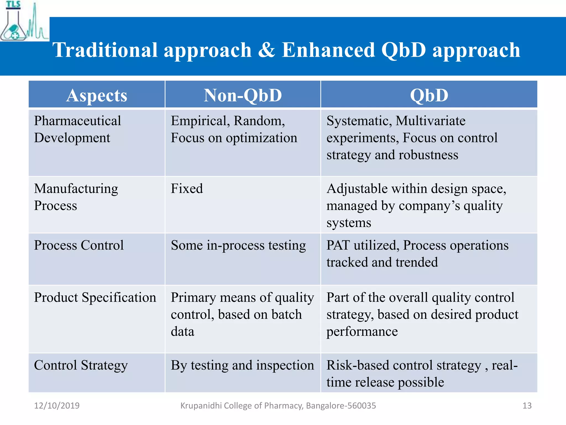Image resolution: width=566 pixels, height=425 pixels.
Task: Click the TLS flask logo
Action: tap(23, 22)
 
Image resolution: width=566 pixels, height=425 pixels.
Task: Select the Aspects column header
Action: tap(97, 95)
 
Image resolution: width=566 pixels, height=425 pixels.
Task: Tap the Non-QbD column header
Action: tap(243, 95)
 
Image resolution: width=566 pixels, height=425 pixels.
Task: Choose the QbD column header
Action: tap(429, 95)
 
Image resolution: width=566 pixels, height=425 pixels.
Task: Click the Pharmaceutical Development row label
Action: tap(77, 129)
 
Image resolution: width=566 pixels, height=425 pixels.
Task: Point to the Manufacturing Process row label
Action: tap(76, 197)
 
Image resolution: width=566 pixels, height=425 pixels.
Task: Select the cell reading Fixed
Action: tap(187, 189)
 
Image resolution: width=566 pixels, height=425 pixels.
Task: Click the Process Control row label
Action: tap(79, 245)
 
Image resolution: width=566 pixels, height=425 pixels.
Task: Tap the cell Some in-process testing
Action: tap(238, 245)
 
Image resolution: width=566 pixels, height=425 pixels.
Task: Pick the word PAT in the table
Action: tap(338, 245)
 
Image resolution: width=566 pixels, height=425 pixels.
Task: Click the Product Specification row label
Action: tap(95, 297)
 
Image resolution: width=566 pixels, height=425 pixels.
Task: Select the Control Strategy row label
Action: tap(81, 365)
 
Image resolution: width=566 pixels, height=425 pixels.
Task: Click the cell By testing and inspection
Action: tap(242, 365)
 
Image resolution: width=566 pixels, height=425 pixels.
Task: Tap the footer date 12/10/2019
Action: tap(57, 406)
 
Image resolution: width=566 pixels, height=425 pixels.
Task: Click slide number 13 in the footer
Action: tap(527, 406)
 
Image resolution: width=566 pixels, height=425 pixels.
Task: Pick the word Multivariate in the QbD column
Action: tap(430, 121)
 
